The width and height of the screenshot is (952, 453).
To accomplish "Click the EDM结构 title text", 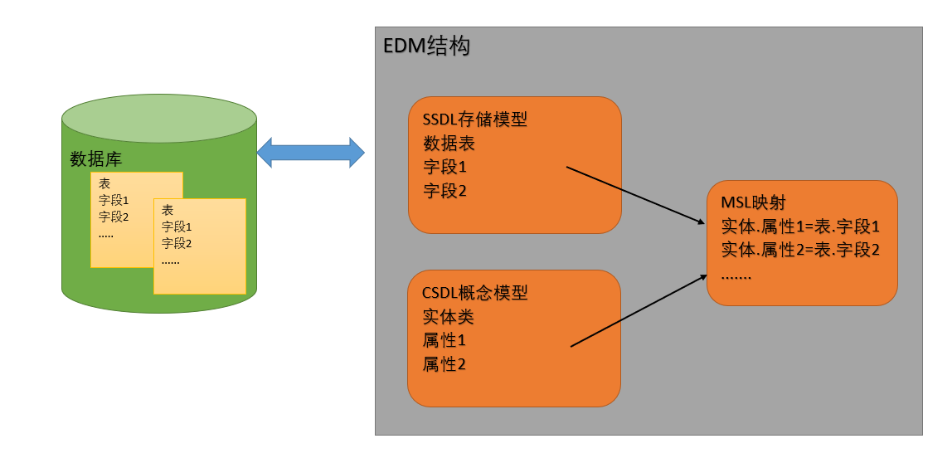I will coord(426,46).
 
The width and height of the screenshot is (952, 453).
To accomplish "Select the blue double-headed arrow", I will coord(311,153).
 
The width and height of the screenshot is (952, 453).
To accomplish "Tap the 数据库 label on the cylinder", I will coord(96,159).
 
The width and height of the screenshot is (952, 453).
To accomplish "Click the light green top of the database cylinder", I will coord(158,122).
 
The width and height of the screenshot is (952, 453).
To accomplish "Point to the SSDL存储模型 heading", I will coord(474,119).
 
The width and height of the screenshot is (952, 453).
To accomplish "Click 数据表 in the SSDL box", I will coord(449,144).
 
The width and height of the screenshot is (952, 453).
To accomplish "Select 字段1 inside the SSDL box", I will coord(444,168).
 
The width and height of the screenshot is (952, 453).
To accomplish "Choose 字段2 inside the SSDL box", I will coord(444,192).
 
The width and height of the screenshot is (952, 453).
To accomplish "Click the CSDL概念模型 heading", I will coord(474,293).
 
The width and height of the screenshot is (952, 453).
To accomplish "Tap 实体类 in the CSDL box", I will coord(449,317).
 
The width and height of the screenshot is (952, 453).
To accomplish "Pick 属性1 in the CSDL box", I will coord(444,340).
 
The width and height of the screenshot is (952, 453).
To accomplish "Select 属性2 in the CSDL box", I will coord(444,364).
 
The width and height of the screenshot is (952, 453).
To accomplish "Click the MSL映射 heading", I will coord(753,202).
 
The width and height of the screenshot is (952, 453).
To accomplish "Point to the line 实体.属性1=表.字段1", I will coord(799,226).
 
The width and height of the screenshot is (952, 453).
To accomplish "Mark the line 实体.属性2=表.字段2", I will coord(799,250).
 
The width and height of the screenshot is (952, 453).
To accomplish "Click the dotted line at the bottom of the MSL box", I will coord(736,275).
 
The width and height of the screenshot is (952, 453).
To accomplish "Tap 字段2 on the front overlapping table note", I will coord(177,244).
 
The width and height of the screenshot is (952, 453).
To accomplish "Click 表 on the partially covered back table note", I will coord(104,183).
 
